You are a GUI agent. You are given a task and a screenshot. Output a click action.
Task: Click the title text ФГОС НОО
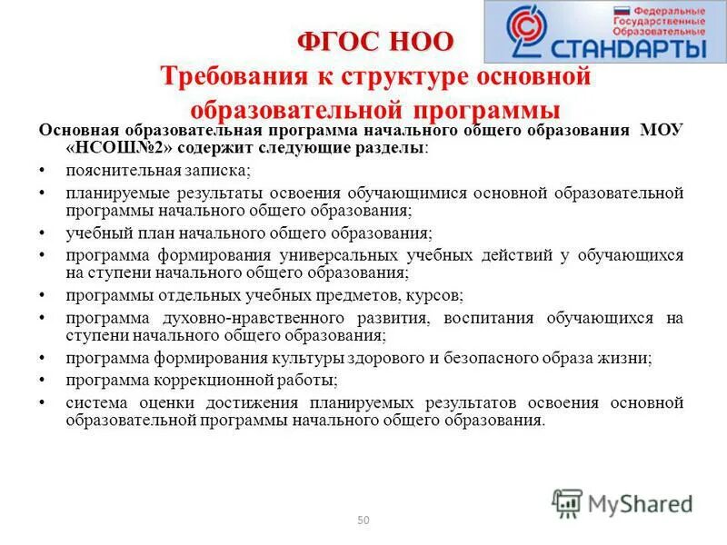click(375, 42)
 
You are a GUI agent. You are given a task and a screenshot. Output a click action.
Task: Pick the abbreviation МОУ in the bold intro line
click(661, 130)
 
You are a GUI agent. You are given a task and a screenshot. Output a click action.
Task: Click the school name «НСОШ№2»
click(116, 148)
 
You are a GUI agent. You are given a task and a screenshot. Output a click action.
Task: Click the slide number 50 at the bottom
click(363, 520)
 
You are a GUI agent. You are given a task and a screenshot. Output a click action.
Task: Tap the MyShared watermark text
click(640, 502)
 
